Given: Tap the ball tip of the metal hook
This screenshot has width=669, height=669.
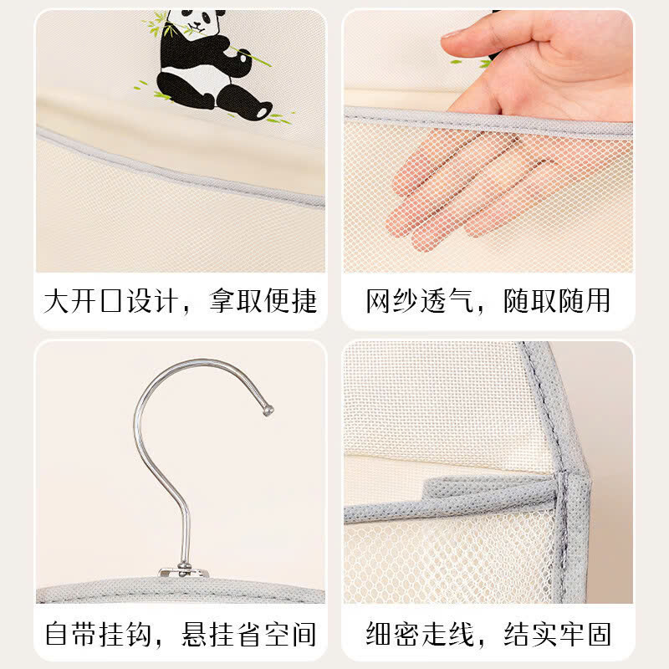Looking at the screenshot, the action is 268,411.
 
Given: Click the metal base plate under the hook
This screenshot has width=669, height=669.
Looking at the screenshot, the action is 183,572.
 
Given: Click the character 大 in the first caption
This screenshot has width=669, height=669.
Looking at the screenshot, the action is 56,301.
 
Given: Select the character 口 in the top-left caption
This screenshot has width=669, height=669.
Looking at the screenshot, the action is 111,301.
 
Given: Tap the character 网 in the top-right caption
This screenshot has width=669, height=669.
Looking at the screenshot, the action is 379,301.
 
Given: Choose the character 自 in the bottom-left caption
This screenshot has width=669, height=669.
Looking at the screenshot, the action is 57,634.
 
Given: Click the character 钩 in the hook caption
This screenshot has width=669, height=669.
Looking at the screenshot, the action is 139,634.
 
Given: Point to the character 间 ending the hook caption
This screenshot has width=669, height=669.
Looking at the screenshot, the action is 303,634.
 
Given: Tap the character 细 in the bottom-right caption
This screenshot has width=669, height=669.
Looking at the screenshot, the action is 379,634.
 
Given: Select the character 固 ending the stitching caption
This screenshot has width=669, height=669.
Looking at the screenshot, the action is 599,634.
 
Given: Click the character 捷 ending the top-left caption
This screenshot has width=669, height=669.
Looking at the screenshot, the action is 304,301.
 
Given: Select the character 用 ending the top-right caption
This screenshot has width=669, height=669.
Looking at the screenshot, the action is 598,301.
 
